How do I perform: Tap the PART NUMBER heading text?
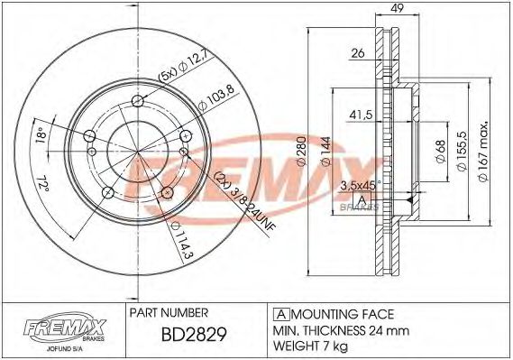[169, 313]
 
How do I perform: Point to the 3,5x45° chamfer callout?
[360, 184]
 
